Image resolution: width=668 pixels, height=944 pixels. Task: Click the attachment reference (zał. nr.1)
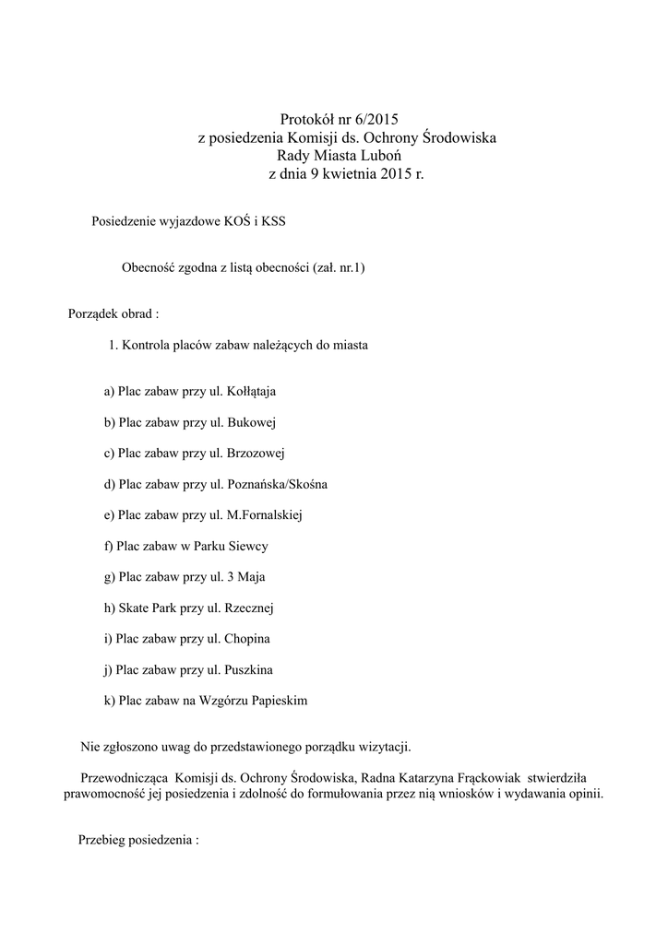click(x=332, y=268)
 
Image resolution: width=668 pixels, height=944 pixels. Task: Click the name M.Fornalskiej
click(x=270, y=515)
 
